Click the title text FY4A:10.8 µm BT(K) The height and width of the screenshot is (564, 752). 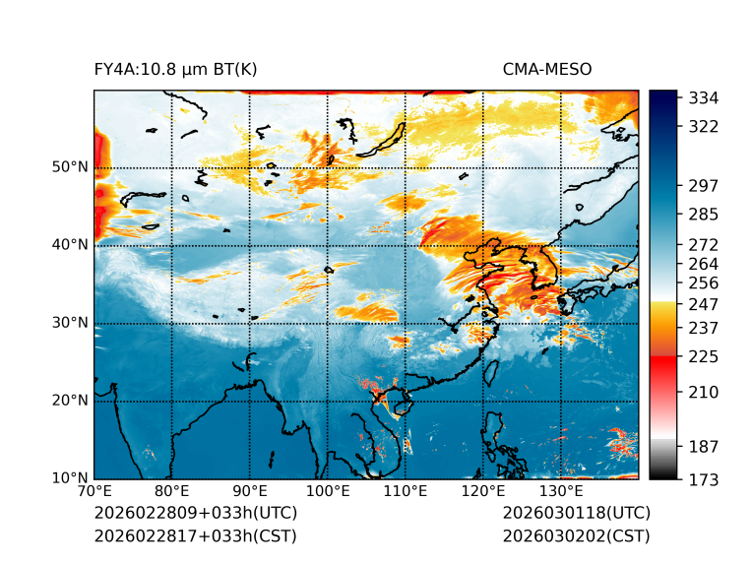tap(175, 69)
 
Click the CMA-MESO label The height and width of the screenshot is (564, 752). tap(546, 69)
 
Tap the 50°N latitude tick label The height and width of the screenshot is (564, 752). tap(70, 167)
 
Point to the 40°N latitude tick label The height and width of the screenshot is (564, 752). tap(70, 245)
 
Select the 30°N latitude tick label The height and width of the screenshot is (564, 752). tap(70, 323)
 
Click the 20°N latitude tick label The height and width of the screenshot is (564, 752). tap(70, 401)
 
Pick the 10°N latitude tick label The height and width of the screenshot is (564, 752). tap(70, 479)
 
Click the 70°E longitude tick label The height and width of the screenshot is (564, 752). tap(94, 492)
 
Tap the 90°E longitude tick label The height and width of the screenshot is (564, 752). tap(250, 492)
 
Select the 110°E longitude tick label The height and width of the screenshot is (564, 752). tap(406, 492)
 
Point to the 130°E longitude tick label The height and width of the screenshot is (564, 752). tap(561, 492)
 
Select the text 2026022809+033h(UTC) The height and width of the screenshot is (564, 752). tap(195, 514)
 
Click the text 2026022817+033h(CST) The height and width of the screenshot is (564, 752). tap(195, 536)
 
